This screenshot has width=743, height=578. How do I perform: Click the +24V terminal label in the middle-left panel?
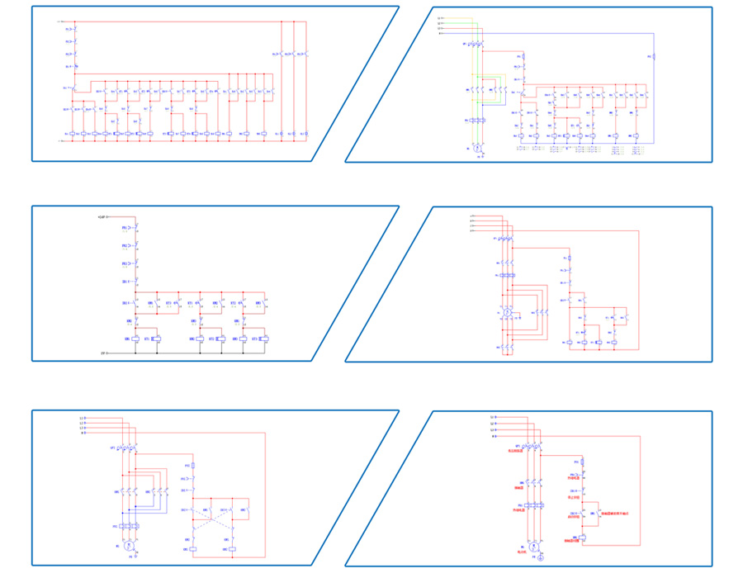point(101,217)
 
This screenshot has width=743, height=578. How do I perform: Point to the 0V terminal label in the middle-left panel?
point(102,353)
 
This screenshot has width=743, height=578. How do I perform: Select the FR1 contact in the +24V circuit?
point(136,227)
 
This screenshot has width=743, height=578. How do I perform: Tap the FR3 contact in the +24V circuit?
point(136,263)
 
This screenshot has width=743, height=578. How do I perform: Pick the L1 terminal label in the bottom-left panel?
point(81,418)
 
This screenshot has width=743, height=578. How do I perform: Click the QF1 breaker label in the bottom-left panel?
point(112,448)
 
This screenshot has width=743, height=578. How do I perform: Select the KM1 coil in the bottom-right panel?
point(583,538)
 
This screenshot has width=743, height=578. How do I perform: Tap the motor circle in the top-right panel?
point(476,145)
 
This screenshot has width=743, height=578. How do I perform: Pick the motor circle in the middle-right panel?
point(509,313)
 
